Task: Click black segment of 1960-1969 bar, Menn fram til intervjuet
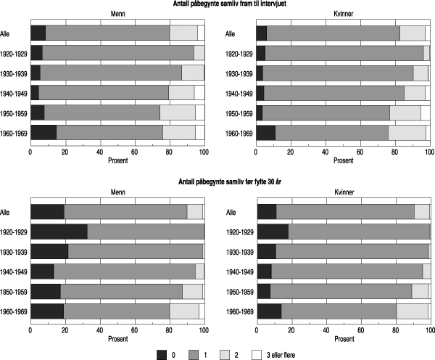(x=43, y=132)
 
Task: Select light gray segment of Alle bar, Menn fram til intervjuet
(x=183, y=33)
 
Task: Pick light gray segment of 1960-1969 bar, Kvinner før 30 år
(x=412, y=311)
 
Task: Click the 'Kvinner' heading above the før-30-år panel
(x=342, y=193)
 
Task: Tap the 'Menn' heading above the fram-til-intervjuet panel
(x=117, y=15)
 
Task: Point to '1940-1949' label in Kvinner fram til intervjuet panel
(x=240, y=93)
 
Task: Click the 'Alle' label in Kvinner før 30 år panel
(x=231, y=212)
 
